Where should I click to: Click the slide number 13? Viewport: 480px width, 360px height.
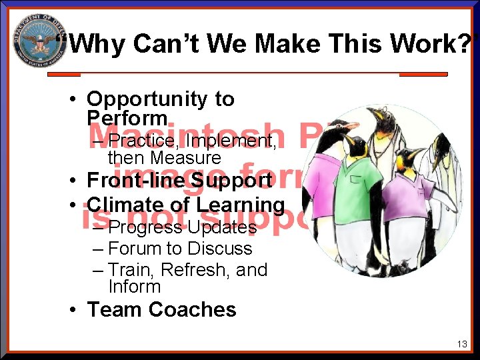(462, 345)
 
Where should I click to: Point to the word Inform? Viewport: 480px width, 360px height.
(134, 287)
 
